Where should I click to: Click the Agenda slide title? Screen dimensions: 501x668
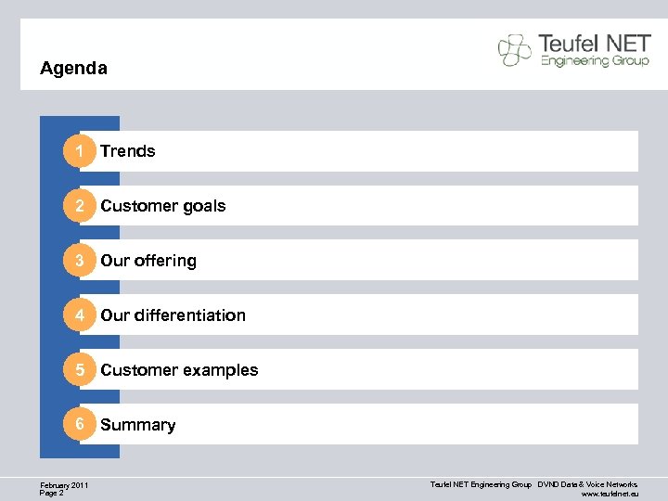tap(74, 69)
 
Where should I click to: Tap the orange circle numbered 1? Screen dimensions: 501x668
tap(80, 151)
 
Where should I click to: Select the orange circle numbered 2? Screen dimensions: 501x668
tap(80, 206)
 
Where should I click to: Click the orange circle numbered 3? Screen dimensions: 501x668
tap(80, 261)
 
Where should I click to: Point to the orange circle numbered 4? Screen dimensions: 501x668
tap(80, 315)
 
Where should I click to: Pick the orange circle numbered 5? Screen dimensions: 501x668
tap(80, 370)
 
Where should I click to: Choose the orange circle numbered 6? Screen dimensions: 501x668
tap(80, 425)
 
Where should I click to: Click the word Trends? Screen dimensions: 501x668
tap(128, 151)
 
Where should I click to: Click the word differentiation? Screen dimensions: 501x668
tap(189, 315)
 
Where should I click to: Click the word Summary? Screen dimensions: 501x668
tap(138, 425)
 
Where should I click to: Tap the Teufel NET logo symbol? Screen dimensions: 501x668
tap(515, 50)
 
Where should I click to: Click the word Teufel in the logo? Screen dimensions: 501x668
tap(571, 44)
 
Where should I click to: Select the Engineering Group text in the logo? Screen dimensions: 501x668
tap(589, 61)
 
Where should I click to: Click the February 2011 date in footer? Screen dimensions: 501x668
tap(65, 485)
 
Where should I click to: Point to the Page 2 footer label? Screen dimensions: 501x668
tap(52, 494)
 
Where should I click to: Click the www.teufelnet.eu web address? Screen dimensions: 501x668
tap(610, 495)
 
